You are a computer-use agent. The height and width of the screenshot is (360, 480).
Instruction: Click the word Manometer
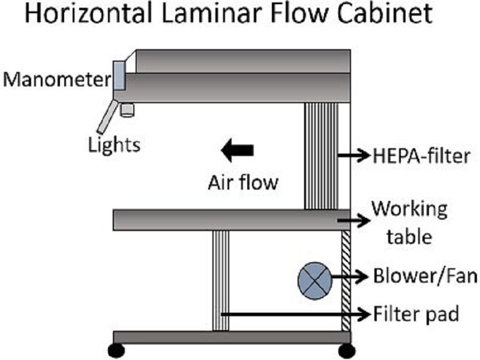[55, 78]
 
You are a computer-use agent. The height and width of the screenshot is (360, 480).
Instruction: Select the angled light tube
[106, 116]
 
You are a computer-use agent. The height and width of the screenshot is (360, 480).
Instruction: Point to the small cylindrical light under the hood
[127, 109]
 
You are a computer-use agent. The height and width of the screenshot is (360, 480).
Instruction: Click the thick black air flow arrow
[238, 149]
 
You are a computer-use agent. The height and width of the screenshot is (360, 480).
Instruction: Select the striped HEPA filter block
[320, 156]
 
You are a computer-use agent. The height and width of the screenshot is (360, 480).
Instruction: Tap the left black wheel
[116, 350]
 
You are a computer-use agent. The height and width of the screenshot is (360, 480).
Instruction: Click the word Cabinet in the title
[380, 15]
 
